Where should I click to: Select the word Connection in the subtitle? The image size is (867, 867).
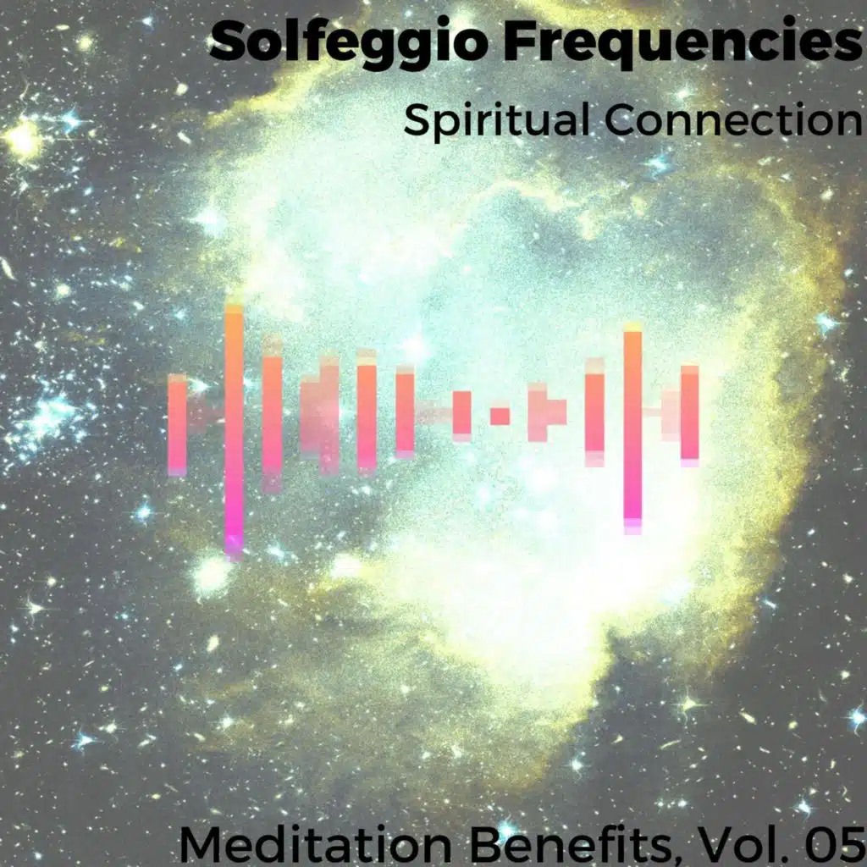pos(734,119)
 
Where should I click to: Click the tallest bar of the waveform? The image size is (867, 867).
pos(234,433)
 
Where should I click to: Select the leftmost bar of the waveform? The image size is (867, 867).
pos(178,425)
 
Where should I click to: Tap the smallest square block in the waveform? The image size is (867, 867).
pos(500,416)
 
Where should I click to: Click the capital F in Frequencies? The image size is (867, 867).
pos(519,42)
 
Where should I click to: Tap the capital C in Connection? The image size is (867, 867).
pos(623,120)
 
